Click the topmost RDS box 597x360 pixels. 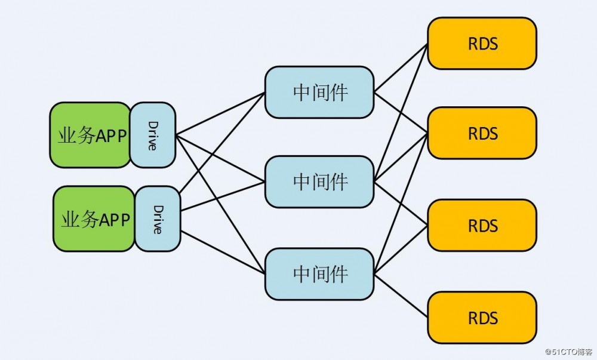coord(482,43)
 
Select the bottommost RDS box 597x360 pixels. coord(482,317)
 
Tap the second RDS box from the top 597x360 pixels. coord(482,133)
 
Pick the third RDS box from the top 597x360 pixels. coord(482,226)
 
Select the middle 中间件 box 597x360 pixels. coord(319,181)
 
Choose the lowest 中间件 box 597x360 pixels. coord(319,274)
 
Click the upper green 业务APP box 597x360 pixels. coord(90,135)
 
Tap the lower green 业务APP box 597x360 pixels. coord(94,219)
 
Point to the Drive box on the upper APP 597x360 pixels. coord(153,135)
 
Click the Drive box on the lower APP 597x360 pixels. coord(158,219)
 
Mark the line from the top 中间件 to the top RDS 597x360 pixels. coord(401,67)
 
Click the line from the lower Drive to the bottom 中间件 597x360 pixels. coord(222,252)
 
